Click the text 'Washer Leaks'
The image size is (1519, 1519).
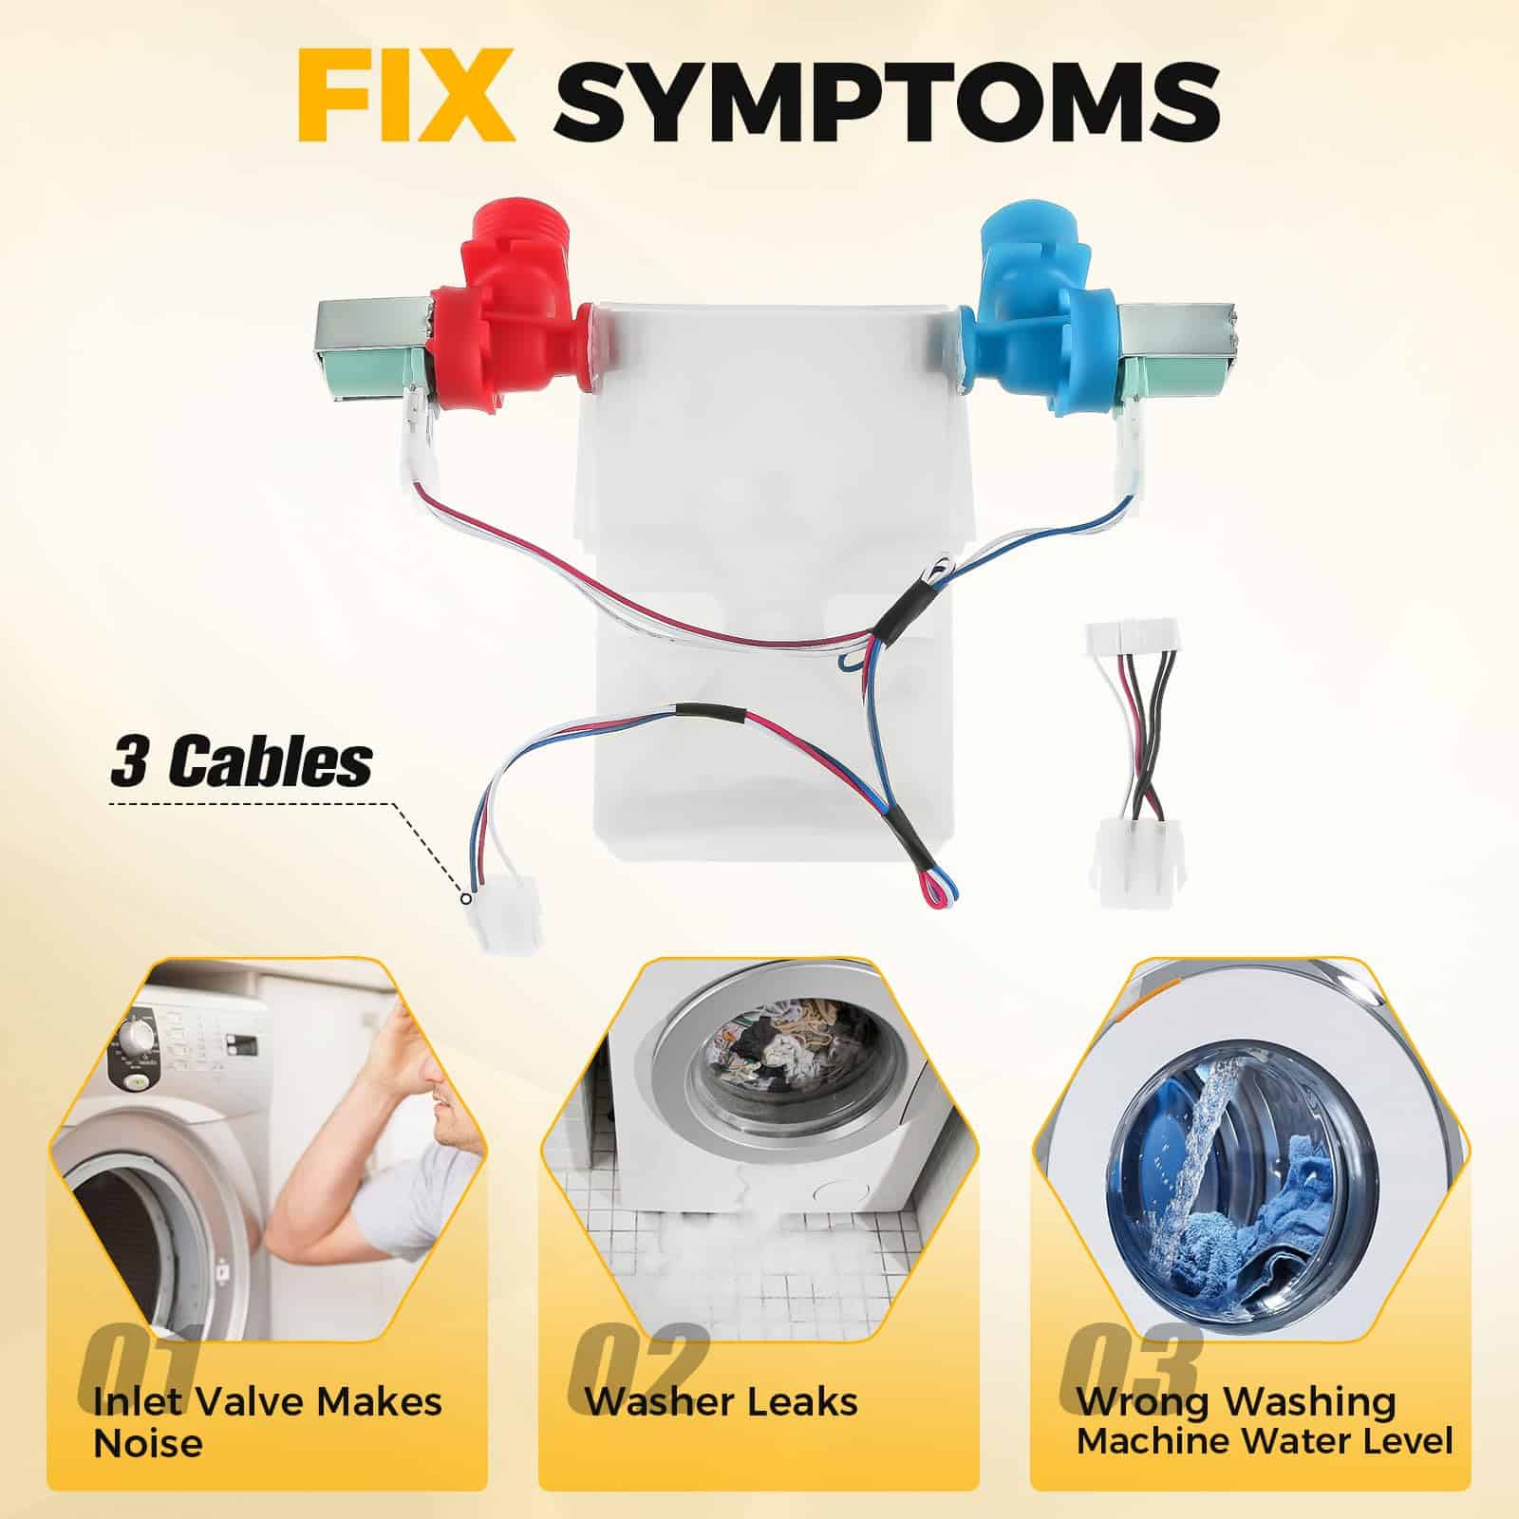pos(721,1401)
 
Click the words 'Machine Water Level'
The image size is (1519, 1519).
pos(1265,1440)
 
